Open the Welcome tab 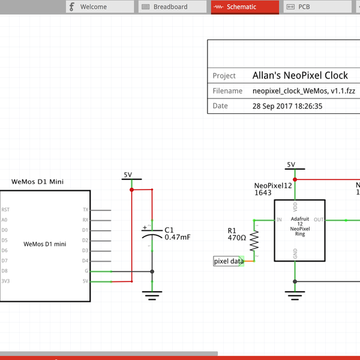(x=99, y=7)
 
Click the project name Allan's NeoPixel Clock (x=300, y=76)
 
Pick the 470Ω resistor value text (x=236, y=238)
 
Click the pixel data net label (x=229, y=261)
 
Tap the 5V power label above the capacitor (x=128, y=175)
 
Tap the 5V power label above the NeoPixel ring (x=291, y=165)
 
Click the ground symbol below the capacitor (x=152, y=294)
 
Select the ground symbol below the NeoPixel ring (x=294, y=294)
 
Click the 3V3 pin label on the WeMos (x=5, y=281)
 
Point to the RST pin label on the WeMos (x=5, y=210)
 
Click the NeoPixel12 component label (x=273, y=186)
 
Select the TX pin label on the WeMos (x=85, y=210)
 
